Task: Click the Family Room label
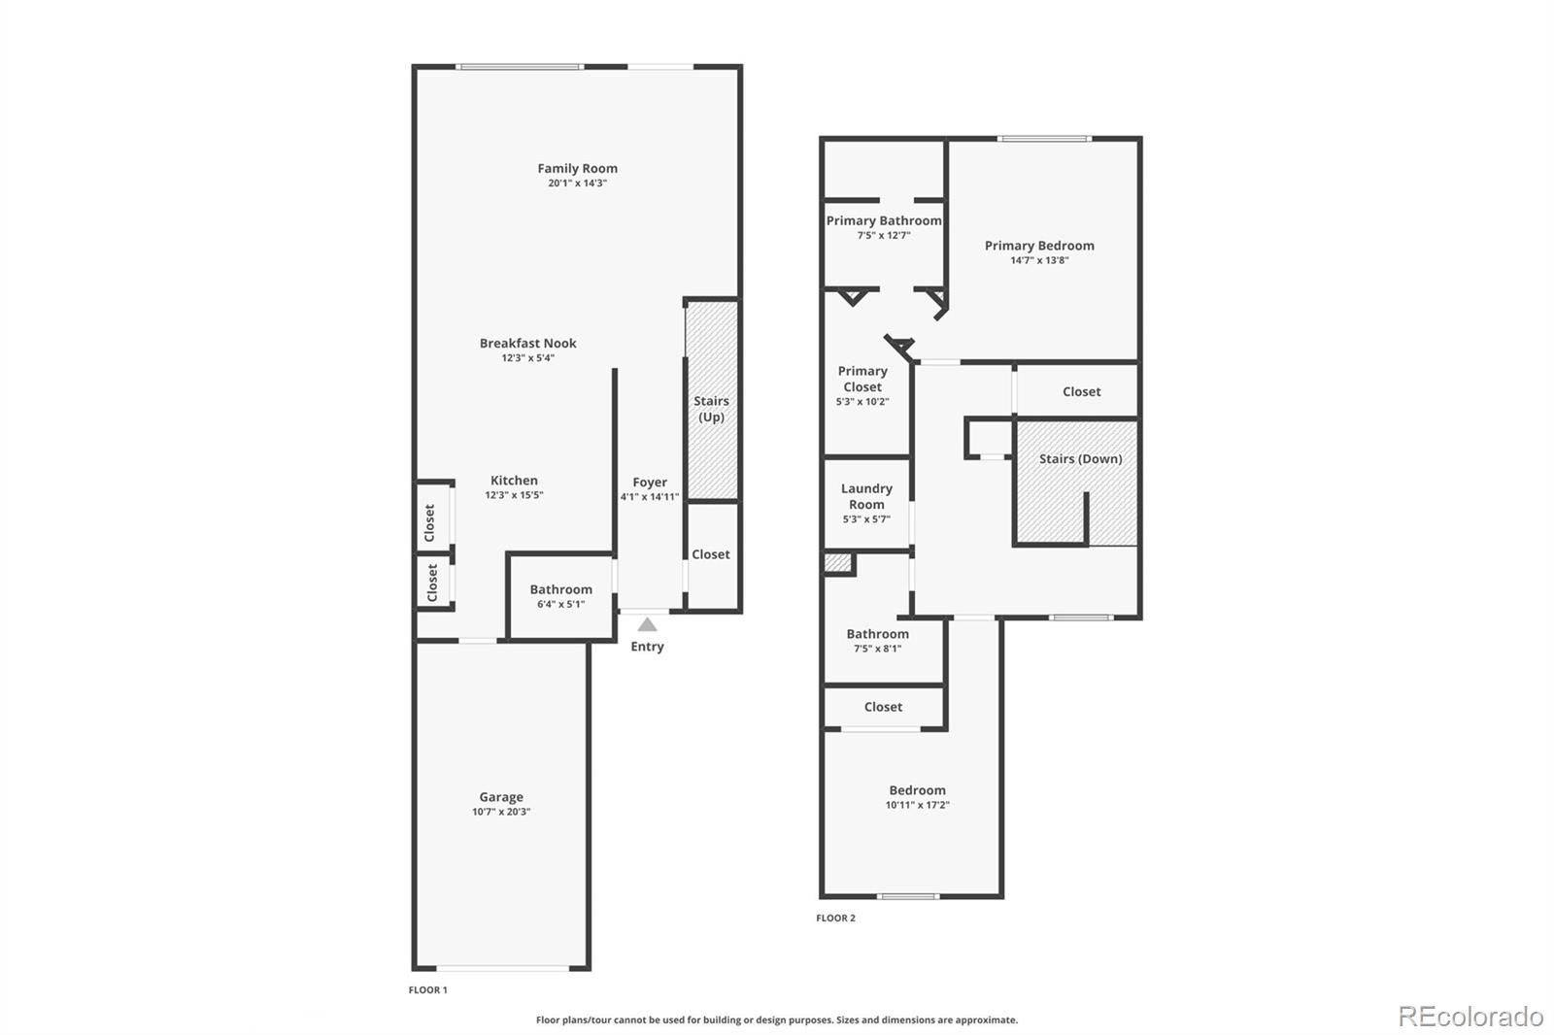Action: (x=577, y=168)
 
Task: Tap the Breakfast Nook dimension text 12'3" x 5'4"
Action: (x=527, y=358)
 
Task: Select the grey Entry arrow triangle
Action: (x=647, y=625)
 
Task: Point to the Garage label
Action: (x=500, y=796)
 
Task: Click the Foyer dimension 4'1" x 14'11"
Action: (x=650, y=497)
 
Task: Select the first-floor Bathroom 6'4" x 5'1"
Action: (x=560, y=596)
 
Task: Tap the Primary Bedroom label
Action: (x=1039, y=246)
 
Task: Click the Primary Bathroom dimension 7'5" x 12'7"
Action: (x=883, y=235)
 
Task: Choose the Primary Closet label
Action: (x=862, y=379)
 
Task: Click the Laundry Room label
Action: (x=866, y=496)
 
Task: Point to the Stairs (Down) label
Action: (x=1080, y=458)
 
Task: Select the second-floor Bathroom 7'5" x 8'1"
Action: (x=877, y=641)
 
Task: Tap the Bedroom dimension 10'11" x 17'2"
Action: (x=917, y=805)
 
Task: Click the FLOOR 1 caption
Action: (x=427, y=990)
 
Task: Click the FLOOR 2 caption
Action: (x=835, y=918)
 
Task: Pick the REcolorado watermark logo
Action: (x=1470, y=1016)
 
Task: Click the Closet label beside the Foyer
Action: (x=710, y=554)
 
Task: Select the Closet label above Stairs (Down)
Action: (x=1081, y=391)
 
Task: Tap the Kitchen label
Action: (x=514, y=480)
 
